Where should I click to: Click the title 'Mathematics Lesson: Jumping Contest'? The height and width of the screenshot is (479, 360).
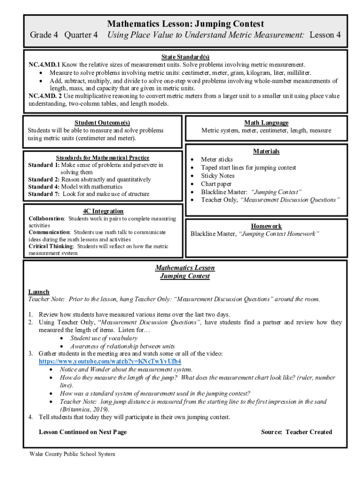click(x=185, y=24)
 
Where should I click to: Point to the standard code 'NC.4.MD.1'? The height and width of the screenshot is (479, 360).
click(x=44, y=65)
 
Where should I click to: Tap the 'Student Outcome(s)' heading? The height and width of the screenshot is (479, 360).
click(x=102, y=123)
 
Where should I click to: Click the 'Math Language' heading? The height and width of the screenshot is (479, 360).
click(x=266, y=123)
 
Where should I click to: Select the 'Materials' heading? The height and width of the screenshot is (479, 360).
click(x=266, y=151)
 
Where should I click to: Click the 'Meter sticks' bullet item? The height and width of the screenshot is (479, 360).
click(x=216, y=160)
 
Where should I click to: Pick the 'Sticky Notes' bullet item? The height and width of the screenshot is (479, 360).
click(x=217, y=176)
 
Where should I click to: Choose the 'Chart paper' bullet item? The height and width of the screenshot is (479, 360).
click(x=216, y=184)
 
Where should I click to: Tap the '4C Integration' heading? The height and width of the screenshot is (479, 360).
click(x=103, y=211)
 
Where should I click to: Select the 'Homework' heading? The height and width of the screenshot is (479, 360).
click(x=266, y=225)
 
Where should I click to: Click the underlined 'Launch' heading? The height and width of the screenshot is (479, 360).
click(x=39, y=291)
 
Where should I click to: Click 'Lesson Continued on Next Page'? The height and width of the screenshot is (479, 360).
click(x=82, y=432)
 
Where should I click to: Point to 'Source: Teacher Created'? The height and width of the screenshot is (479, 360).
click(x=296, y=432)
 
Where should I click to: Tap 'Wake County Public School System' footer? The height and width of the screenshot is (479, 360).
click(x=72, y=454)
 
